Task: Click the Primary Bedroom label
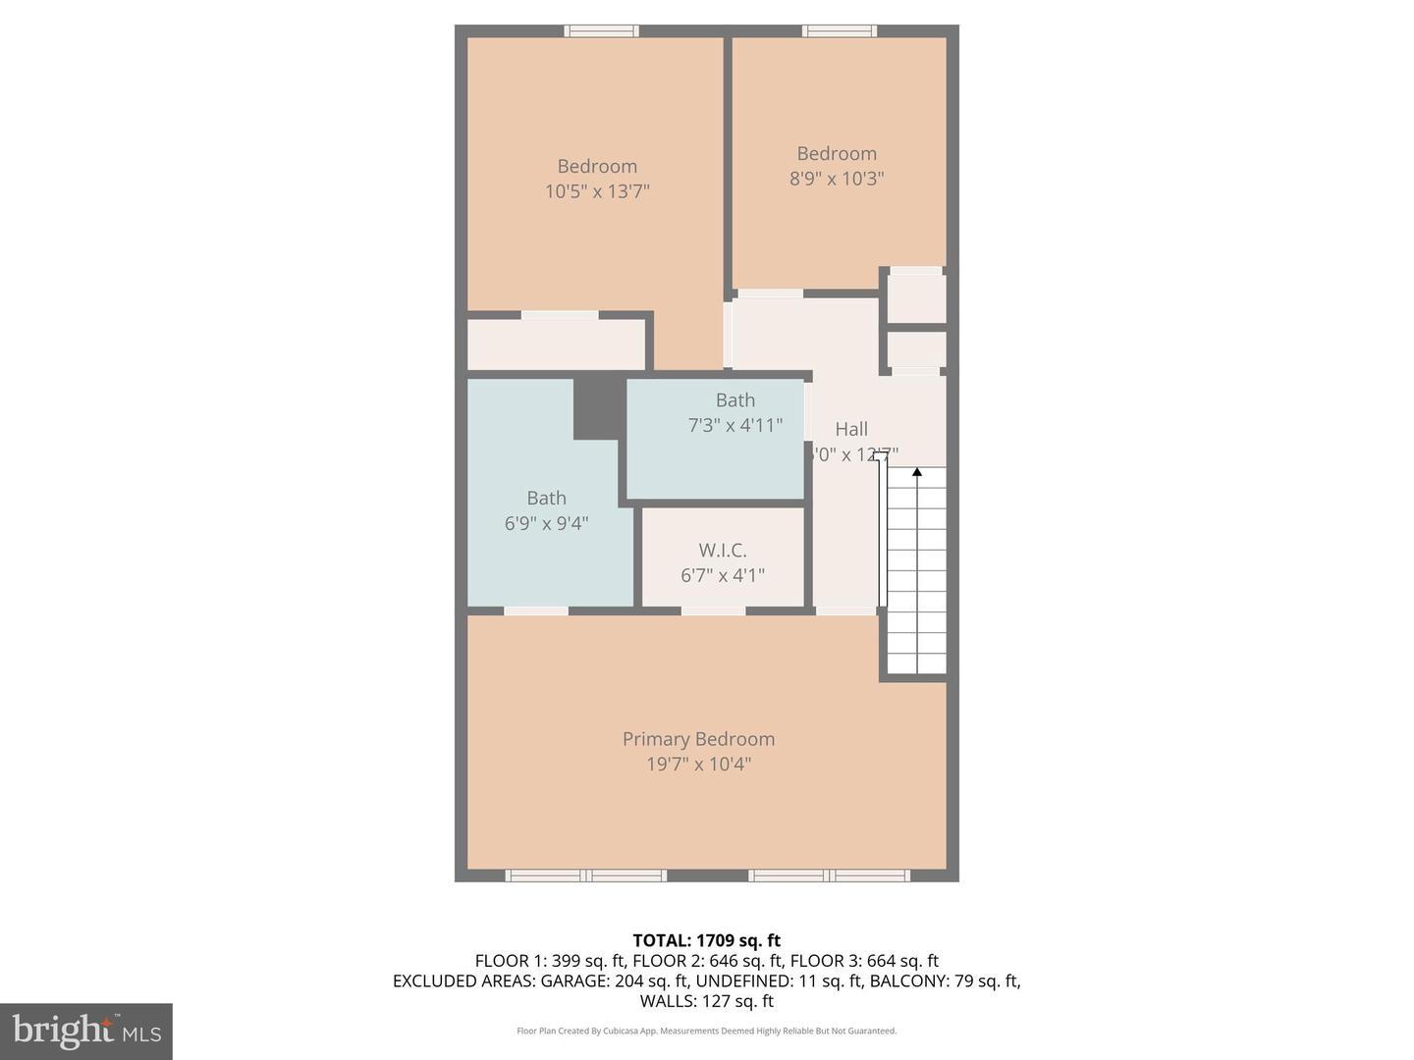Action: (x=698, y=739)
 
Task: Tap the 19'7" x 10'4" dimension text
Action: (x=698, y=765)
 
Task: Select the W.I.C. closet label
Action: (x=723, y=551)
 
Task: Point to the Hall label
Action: (x=851, y=429)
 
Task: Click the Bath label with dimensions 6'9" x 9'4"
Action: (x=546, y=499)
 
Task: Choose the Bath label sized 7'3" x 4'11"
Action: (x=735, y=400)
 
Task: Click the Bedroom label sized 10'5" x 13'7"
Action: (x=597, y=167)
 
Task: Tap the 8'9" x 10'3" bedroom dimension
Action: (x=837, y=179)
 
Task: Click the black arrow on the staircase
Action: (x=917, y=472)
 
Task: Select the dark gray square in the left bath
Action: (x=599, y=406)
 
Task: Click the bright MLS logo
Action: (x=86, y=1031)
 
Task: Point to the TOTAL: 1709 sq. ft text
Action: (x=706, y=940)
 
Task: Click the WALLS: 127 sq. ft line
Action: (x=706, y=1001)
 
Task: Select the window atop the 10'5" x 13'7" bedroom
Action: (x=601, y=31)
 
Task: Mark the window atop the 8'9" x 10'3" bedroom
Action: (x=840, y=31)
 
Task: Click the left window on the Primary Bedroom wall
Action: (x=586, y=875)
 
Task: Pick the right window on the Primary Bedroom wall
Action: (x=830, y=875)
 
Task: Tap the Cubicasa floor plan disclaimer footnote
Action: (x=706, y=1031)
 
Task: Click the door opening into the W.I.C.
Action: (x=714, y=611)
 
